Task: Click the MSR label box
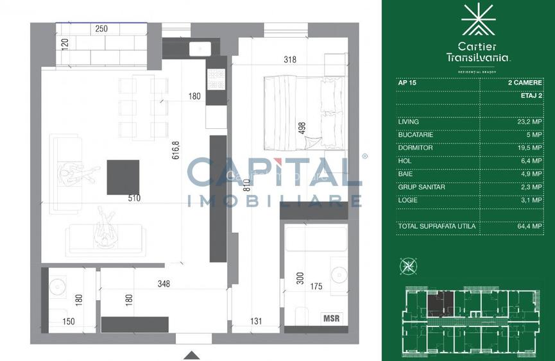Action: [332, 318]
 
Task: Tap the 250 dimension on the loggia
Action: [101, 29]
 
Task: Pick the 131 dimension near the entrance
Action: [255, 323]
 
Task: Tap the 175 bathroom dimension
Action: [316, 287]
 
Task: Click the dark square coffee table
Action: [123, 177]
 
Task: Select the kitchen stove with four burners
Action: [214, 79]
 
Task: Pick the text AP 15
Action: [407, 83]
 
